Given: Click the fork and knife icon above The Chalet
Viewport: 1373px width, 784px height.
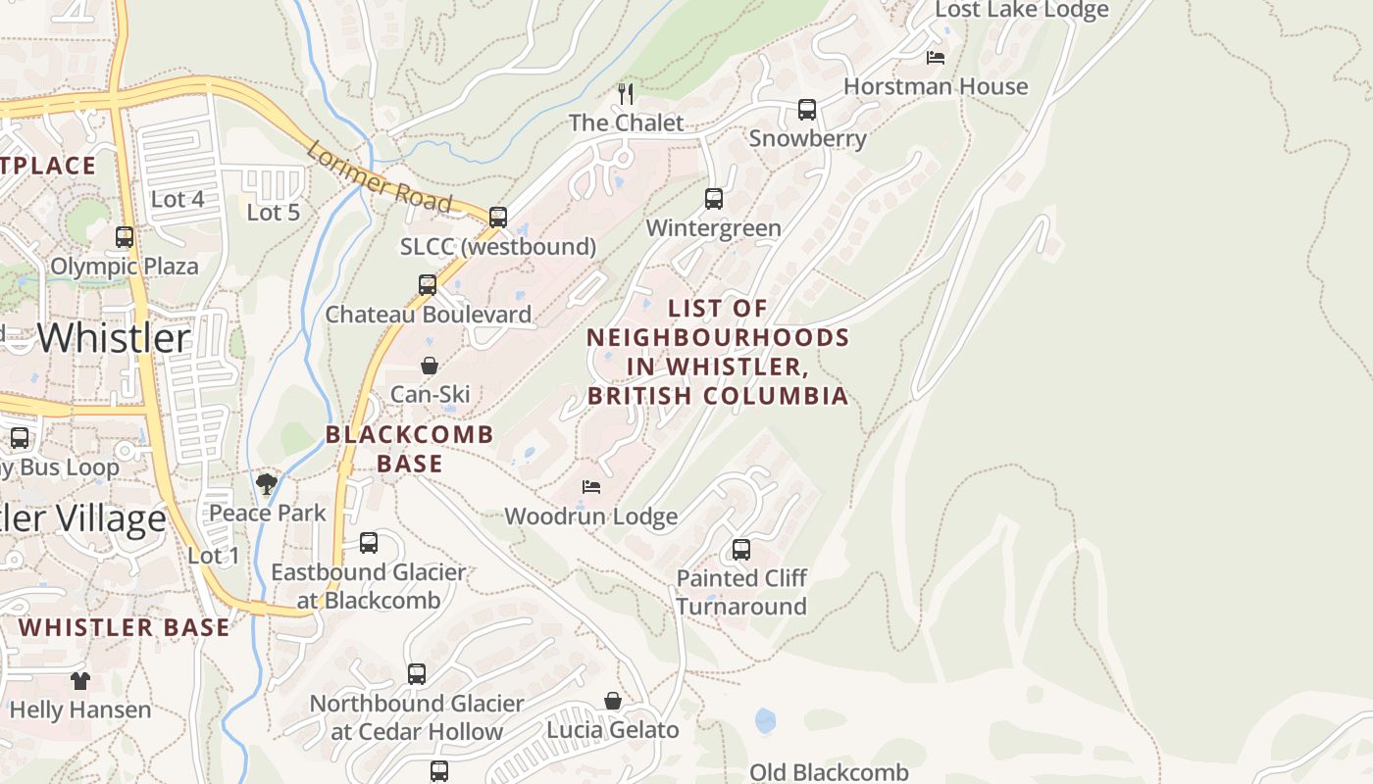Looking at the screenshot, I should (626, 94).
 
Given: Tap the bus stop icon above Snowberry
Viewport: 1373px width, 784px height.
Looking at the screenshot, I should (807, 110).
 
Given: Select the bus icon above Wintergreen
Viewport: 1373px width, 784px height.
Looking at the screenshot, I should (714, 199).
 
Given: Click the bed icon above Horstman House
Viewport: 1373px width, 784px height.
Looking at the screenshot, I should (936, 58).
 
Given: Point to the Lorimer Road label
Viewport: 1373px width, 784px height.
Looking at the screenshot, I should (378, 177).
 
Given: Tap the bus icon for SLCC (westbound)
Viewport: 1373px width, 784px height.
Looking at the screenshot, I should (498, 218).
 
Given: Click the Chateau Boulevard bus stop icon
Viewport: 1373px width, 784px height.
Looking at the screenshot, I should (428, 285).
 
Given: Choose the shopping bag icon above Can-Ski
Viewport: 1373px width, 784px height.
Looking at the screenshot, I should (430, 366).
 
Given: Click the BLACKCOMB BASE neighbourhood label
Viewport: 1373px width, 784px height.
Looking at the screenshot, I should (410, 448).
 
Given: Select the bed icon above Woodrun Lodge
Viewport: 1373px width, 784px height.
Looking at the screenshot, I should (590, 486).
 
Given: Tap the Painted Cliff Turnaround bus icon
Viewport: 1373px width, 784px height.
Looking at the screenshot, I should (741, 550).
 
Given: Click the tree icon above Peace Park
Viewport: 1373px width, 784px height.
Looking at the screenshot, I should (267, 483).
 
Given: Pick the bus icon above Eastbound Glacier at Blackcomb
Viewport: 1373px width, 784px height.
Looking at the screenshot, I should (369, 543).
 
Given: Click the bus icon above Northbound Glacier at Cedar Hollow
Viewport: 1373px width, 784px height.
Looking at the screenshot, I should (417, 674).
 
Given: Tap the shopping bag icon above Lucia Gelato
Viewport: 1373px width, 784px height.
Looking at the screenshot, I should (613, 701).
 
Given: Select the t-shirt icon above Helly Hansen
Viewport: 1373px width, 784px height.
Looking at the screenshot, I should (80, 680).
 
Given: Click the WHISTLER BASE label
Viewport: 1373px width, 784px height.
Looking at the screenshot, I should (125, 627).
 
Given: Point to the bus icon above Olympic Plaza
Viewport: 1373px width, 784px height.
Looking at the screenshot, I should (125, 237).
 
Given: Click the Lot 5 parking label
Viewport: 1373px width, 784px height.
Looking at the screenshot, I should (273, 212).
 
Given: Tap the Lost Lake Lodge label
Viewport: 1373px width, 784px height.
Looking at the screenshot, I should (1022, 10).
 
